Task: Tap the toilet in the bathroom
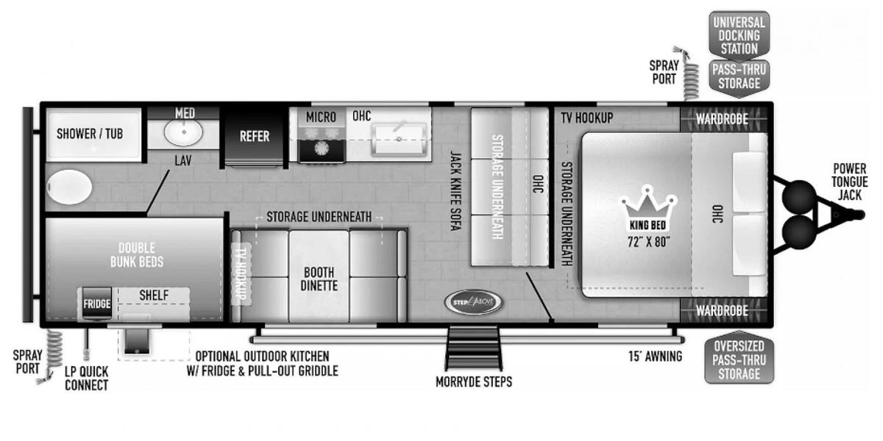[68, 187]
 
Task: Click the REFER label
[255, 136]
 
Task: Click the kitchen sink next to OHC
[398, 139]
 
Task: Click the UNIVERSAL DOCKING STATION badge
[739, 35]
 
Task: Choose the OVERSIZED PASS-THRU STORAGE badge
[739, 359]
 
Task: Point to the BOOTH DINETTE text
[319, 279]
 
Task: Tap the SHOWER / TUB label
[90, 134]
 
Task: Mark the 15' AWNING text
[655, 357]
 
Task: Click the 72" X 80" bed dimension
[648, 242]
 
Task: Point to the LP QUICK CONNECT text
[86, 379]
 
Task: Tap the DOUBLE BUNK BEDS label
[136, 254]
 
